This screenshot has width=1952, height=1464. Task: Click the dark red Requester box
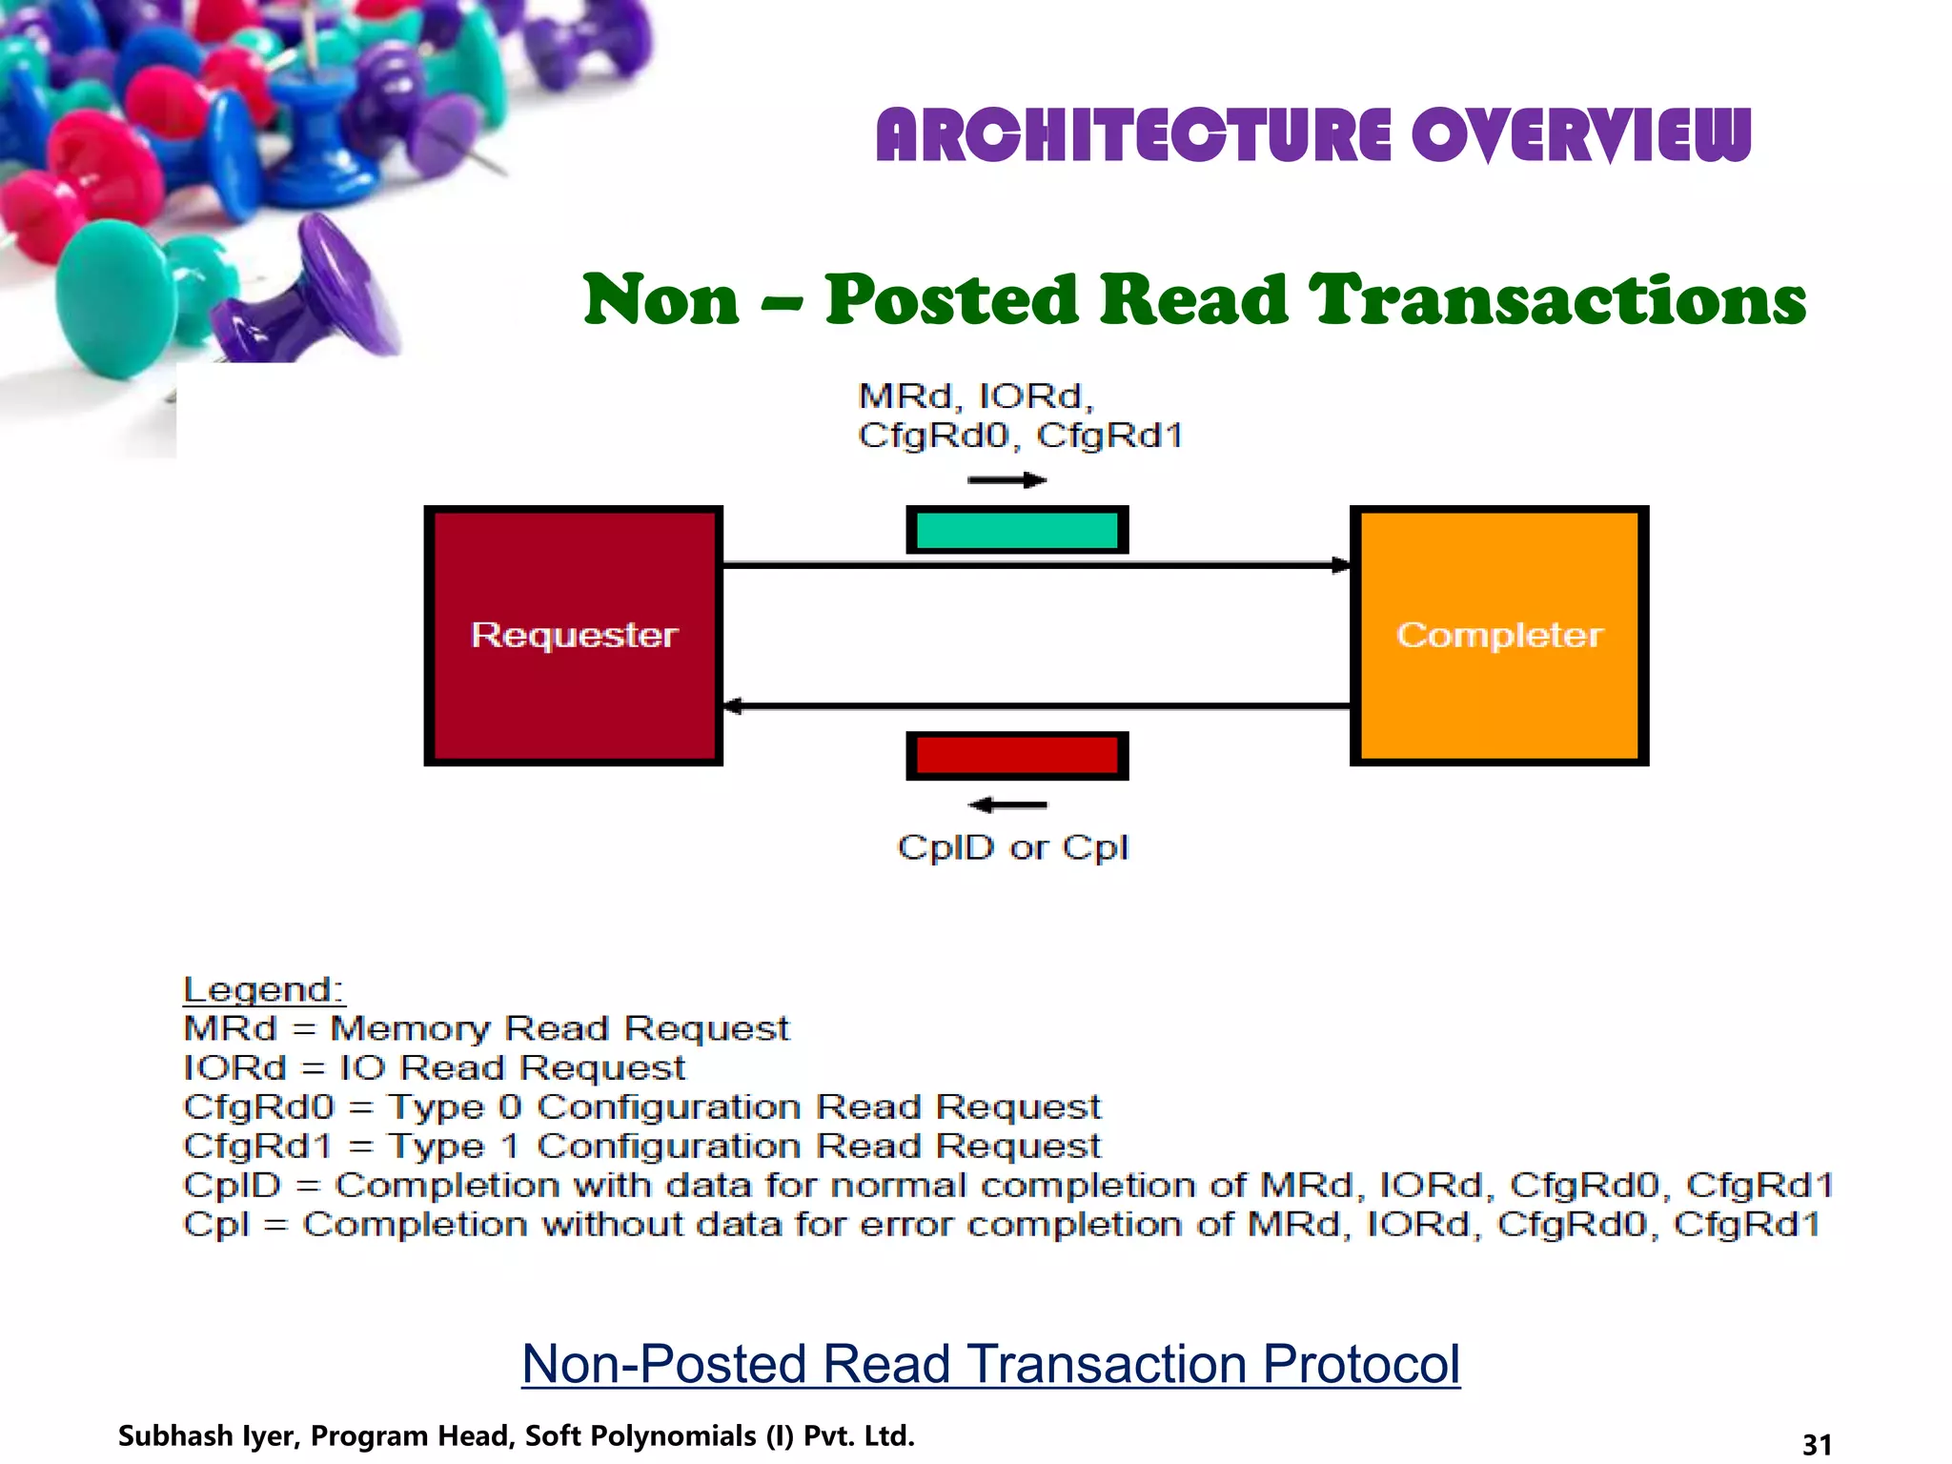click(x=573, y=636)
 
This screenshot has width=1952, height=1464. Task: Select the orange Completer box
click(x=1498, y=636)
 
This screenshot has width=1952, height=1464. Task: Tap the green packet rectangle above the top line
click(x=1017, y=530)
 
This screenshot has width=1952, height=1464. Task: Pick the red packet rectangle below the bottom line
click(x=1017, y=756)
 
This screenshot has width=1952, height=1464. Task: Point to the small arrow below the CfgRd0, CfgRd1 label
click(x=1007, y=480)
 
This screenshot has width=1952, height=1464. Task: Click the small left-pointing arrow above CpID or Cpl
click(x=1007, y=805)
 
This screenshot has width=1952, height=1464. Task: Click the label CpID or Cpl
click(x=1012, y=847)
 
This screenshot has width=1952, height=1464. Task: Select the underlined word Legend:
click(x=263, y=989)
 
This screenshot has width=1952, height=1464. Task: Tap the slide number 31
click(x=1817, y=1444)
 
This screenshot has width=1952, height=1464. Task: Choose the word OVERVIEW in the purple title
click(x=1581, y=135)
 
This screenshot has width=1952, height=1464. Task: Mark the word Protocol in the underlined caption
click(x=1361, y=1364)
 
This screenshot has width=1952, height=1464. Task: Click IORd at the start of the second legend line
click(x=234, y=1067)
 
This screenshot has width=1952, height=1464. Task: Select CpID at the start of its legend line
click(x=233, y=1185)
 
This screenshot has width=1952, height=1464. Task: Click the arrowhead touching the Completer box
click(x=1341, y=565)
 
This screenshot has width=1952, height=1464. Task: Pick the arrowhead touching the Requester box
click(x=733, y=706)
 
